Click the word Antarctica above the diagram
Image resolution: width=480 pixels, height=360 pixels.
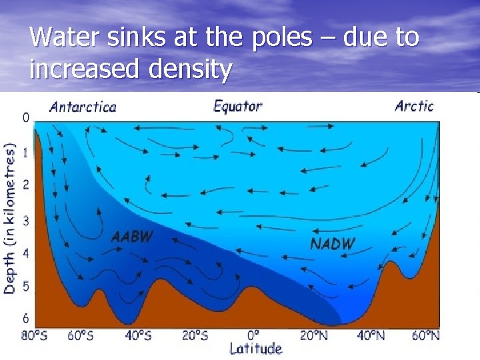coord(83,107)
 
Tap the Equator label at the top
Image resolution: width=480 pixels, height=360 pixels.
coord(237,106)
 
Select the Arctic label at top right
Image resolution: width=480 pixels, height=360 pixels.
coord(413,105)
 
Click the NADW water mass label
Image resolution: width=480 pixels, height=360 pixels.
coord(333,243)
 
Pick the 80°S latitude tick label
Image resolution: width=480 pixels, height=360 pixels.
coord(35,335)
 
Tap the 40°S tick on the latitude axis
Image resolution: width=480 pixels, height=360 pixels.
coord(139,335)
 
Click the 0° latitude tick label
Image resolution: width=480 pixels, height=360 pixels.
coord(253,335)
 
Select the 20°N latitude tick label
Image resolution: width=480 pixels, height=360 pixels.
coord(314,335)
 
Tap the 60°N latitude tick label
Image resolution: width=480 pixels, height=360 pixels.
coord(425,335)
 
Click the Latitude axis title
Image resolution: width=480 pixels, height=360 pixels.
coord(256,349)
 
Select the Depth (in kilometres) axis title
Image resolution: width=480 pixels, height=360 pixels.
coord(10,217)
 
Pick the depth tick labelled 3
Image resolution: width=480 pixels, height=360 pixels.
coord(26,219)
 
